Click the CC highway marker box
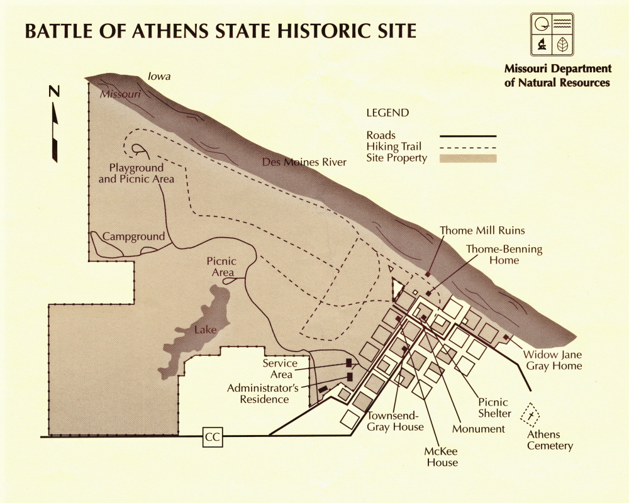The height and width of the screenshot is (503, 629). [x=213, y=438]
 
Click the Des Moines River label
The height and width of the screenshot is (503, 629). [x=304, y=163]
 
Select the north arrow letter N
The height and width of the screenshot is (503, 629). [x=55, y=92]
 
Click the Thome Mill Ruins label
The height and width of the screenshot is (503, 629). [x=482, y=231]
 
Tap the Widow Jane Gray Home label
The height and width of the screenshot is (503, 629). [x=553, y=360]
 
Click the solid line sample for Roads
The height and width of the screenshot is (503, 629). [x=468, y=136]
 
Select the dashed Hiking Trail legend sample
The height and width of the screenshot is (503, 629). [x=468, y=147]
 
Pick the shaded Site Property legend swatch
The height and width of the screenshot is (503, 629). [x=468, y=158]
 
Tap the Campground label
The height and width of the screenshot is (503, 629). [x=133, y=237]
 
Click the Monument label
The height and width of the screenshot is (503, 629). [x=479, y=429]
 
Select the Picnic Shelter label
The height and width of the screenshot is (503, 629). [x=494, y=408]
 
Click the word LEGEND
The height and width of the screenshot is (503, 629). [x=387, y=113]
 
